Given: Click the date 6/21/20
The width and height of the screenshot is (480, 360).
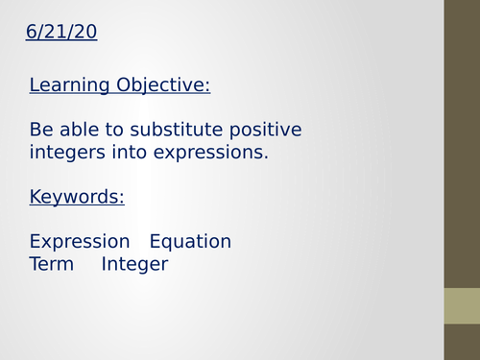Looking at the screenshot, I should [x=61, y=34].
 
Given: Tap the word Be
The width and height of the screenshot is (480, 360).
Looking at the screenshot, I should [x=41, y=130].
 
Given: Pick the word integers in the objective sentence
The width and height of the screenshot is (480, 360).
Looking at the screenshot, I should [x=65, y=152].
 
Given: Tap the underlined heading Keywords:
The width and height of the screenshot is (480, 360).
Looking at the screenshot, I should [x=77, y=198].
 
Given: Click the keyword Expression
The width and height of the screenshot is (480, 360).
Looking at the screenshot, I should [x=80, y=242].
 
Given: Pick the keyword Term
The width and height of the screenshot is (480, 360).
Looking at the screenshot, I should [x=51, y=264].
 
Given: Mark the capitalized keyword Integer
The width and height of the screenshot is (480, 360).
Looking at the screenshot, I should [x=134, y=264].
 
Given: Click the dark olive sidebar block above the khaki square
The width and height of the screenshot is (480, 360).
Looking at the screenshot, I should [x=462, y=144].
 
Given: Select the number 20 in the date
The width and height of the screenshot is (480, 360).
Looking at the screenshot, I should [x=86, y=34].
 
